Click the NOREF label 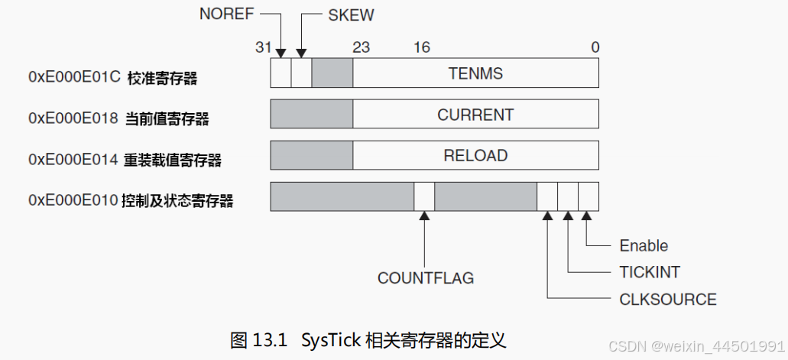click(226, 15)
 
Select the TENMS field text click(475, 73)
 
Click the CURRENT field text click(475, 115)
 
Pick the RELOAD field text click(475, 155)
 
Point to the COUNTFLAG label click(425, 277)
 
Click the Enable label click(644, 245)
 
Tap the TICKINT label click(649, 272)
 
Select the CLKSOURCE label click(667, 299)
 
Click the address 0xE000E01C click(74, 77)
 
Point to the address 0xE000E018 click(73, 118)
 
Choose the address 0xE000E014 click(73, 160)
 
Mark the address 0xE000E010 click(73, 201)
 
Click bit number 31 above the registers click(264, 47)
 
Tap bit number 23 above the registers click(361, 47)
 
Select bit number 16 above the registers click(422, 47)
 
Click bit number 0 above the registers click(595, 47)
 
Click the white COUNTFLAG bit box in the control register click(424, 196)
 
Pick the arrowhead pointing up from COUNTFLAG click(425, 216)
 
